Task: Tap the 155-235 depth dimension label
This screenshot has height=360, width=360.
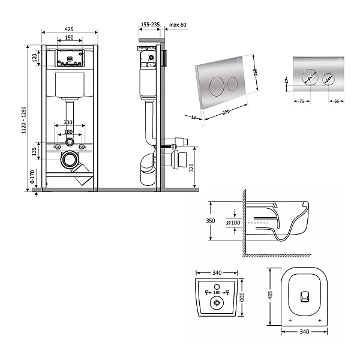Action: [149, 25]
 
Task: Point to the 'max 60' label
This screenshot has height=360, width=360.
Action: [178, 25]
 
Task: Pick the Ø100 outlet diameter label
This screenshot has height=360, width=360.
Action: [233, 223]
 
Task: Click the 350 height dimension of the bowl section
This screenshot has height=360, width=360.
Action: [211, 221]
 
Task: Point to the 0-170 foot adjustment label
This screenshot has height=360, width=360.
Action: [32, 178]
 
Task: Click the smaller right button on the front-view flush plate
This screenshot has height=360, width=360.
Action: [328, 77]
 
